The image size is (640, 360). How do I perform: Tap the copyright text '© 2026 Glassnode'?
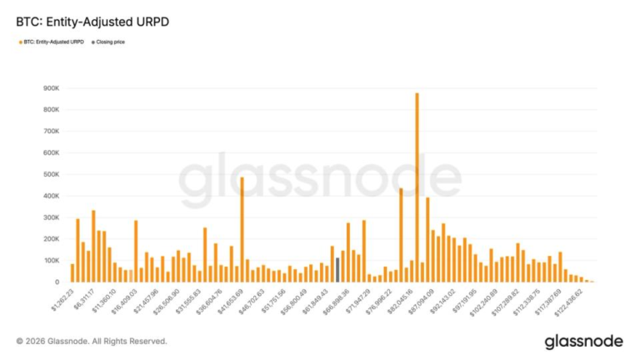(92, 342)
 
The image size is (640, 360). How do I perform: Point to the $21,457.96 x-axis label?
(142, 302)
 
